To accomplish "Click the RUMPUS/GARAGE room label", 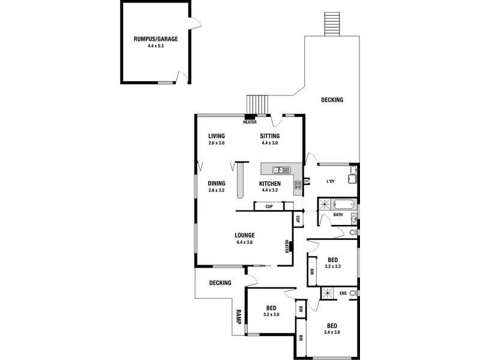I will pos(155,39).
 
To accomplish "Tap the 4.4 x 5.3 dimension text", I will pos(155,46).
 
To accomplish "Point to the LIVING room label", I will pos(216,136).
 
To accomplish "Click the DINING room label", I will pos(216,184).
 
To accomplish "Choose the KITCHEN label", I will pos(270,184).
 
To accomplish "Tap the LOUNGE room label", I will pos(245,235).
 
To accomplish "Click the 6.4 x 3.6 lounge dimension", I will pos(245,242).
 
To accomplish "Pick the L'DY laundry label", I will pos(330,182).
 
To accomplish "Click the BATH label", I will pos(338,215).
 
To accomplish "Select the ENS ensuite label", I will pos(343,293).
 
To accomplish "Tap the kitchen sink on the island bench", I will pos(278,170).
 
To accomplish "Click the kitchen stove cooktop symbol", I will pos(298,186).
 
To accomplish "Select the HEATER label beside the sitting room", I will pos(250,122).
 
